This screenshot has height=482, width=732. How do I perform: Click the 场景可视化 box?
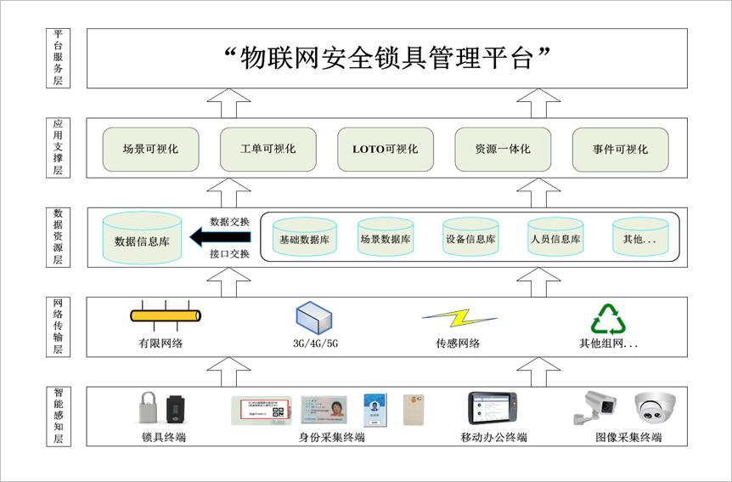point(150,149)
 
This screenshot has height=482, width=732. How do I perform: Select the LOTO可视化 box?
point(386,149)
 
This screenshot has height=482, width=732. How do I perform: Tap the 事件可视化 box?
point(620,149)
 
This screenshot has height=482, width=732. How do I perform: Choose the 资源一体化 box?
point(503,149)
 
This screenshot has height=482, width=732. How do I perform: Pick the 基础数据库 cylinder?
point(304,238)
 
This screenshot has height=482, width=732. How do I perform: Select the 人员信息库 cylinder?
point(555,238)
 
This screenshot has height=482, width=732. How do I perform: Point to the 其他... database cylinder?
point(639,238)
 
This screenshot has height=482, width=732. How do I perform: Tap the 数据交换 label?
point(229,222)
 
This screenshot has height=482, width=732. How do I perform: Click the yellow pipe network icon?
point(166,316)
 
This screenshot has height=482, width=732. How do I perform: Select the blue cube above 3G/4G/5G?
point(314,317)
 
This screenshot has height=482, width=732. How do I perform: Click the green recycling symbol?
point(608,319)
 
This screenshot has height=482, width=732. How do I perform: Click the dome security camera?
point(655,408)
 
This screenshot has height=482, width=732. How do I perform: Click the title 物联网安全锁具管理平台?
point(386,59)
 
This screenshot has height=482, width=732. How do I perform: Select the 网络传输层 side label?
point(58,326)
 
